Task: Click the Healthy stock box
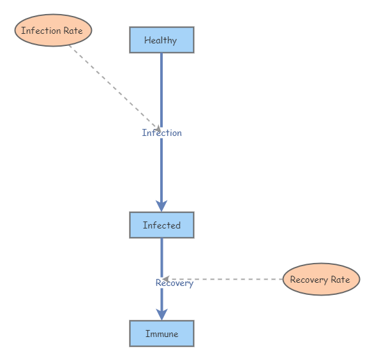tap(161, 40)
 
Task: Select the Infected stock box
tap(161, 225)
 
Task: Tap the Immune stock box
tap(161, 333)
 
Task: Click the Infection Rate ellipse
tap(53, 31)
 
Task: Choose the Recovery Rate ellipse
tap(320, 280)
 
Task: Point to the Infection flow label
tap(161, 133)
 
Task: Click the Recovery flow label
tap(174, 283)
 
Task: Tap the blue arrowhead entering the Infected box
tap(161, 205)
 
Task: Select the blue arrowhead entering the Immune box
tap(161, 313)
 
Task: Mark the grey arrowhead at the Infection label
tap(158, 129)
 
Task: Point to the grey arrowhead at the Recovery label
tap(165, 279)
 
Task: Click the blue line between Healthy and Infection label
tap(161, 89)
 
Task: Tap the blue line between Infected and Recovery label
tap(161, 255)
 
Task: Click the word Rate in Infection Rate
tap(72, 31)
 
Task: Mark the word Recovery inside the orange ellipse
tap(309, 280)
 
